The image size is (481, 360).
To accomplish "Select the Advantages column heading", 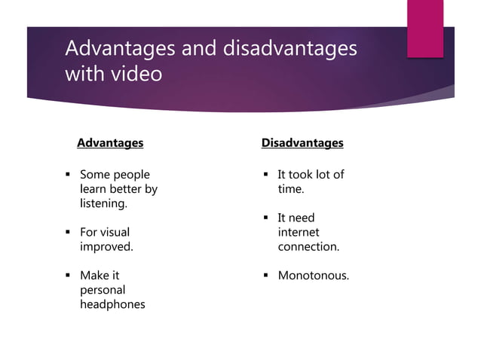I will [110, 142].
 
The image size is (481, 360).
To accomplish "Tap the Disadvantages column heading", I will [302, 142].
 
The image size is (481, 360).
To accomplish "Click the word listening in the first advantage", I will [103, 203].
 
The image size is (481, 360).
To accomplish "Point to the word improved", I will [106, 246].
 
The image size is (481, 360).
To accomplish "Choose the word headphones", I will [112, 304].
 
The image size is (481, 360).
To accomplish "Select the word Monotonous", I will [313, 276].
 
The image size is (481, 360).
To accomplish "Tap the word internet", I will [299, 232].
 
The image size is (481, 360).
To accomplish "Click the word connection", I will [308, 246].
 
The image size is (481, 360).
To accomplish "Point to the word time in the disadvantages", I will [291, 189].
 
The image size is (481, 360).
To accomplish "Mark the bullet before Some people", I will [68, 175].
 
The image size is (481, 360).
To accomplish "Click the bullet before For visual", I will [68, 233].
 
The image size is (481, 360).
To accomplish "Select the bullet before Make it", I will [68, 276].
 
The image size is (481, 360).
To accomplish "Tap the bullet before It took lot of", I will [266, 175].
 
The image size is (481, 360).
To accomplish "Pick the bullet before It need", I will [266, 218].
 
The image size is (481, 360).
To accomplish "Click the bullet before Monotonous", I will [266, 276].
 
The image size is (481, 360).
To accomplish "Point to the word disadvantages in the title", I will [290, 48].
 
